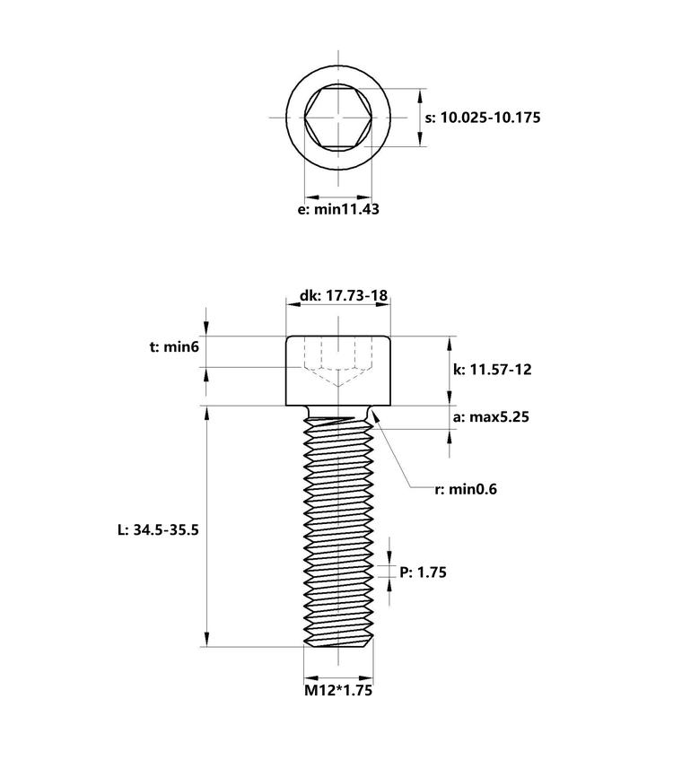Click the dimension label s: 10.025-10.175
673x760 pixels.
[x=483, y=118]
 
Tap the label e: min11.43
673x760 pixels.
[x=338, y=209]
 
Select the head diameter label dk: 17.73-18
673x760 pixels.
[x=344, y=295]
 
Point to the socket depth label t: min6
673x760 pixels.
[x=174, y=347]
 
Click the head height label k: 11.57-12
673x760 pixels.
[x=492, y=370]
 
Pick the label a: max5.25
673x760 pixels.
[x=491, y=417]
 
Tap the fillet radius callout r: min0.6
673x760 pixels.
[x=466, y=489]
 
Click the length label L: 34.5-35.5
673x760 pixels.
[x=158, y=529]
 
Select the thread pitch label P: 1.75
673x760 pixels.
[x=423, y=572]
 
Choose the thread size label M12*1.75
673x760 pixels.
[x=338, y=690]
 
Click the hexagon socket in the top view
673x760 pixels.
[x=338, y=118]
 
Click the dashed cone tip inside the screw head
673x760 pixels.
[x=338, y=386]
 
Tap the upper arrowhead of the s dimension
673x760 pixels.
[x=420, y=95]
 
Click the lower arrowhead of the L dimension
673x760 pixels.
[x=207, y=639]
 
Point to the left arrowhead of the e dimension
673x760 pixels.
[x=311, y=197]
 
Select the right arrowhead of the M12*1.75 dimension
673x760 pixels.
[x=365, y=678]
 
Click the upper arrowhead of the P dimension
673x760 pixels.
[x=389, y=558]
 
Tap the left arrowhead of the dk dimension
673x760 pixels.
[x=293, y=304]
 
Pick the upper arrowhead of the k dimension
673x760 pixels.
[x=450, y=344]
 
